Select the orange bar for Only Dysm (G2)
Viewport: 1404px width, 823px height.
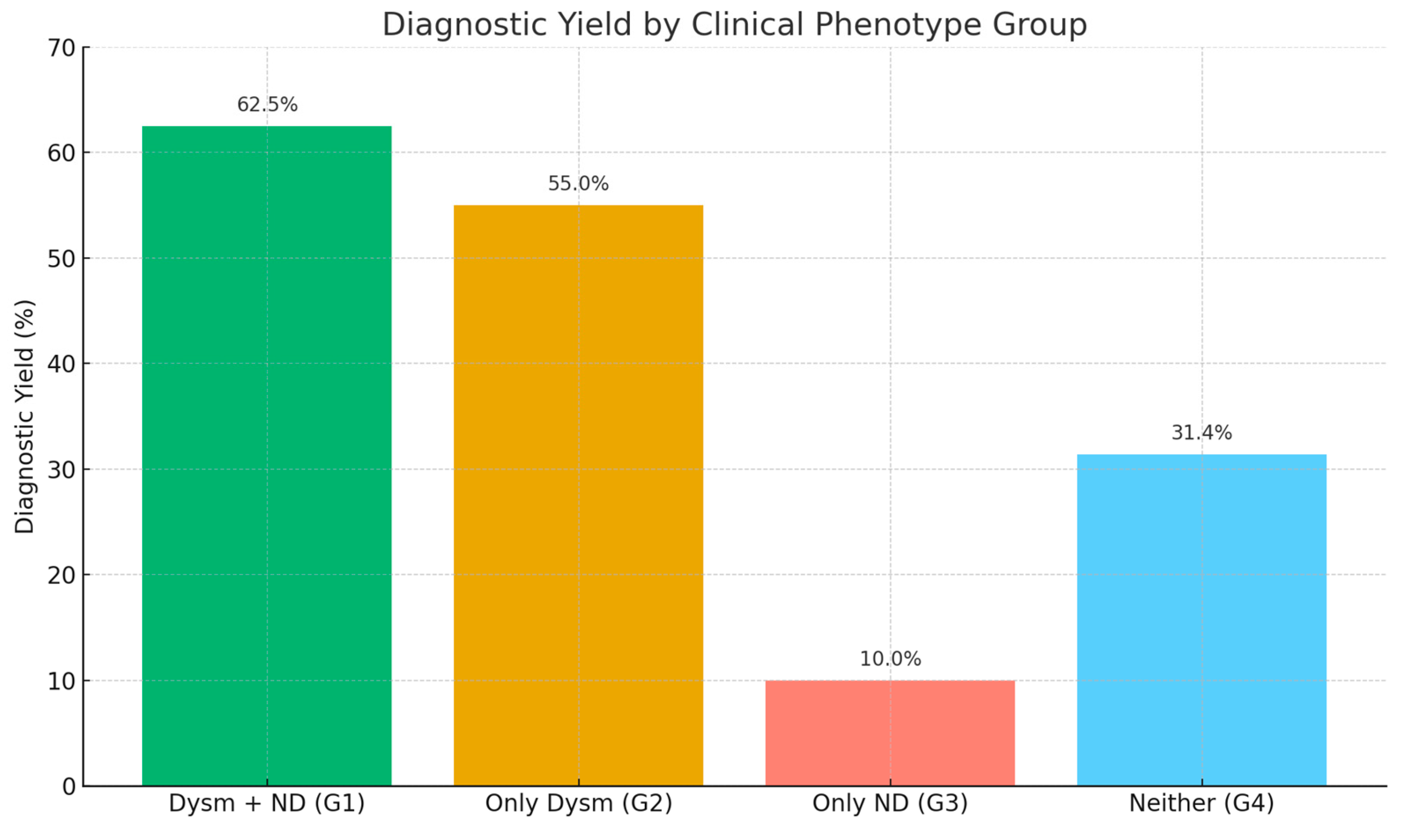tap(578, 495)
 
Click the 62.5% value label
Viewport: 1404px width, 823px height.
tap(267, 105)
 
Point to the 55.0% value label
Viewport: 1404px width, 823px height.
tap(578, 184)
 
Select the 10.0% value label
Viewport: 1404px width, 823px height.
tap(890, 659)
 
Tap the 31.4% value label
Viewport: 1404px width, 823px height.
tap(1202, 433)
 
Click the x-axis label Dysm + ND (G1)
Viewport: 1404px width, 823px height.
tap(266, 803)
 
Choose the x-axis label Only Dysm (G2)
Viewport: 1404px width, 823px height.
tap(578, 803)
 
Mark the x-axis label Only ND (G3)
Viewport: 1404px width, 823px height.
tap(890, 803)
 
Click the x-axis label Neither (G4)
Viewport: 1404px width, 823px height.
tap(1202, 803)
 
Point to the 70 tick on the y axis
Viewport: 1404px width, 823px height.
tap(61, 49)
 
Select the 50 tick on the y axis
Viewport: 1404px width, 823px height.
tap(61, 260)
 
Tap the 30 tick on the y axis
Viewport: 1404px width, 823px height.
tap(61, 470)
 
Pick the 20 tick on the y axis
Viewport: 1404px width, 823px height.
tap(61, 576)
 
